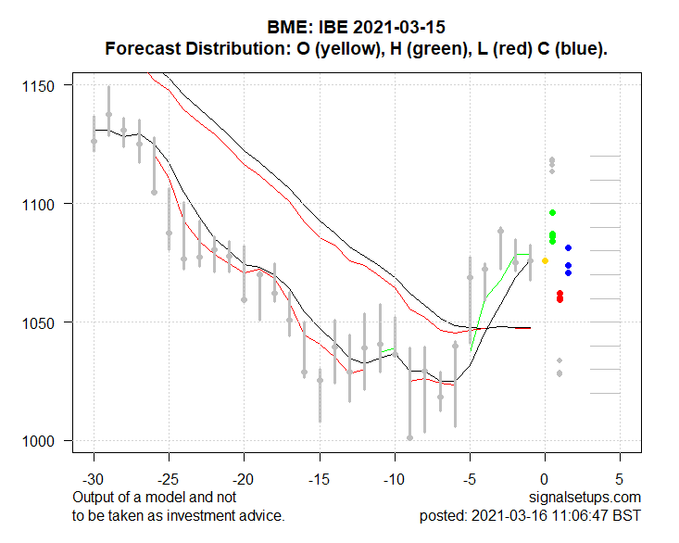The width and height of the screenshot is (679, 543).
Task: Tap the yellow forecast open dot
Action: [x=545, y=261]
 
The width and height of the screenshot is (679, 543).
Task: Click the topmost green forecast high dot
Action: [x=552, y=213]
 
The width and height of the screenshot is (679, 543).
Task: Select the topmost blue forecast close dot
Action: [x=568, y=247]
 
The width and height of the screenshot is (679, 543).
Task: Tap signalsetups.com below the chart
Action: [x=586, y=498]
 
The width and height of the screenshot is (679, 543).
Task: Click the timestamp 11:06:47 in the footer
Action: [x=581, y=515]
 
